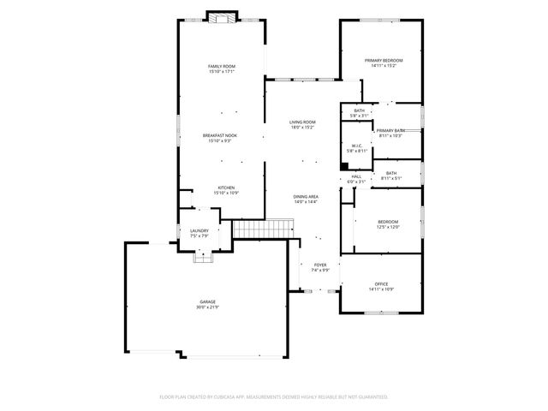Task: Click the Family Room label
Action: [x=221, y=66]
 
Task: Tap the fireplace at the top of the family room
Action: [x=222, y=17]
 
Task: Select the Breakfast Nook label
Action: [x=220, y=134]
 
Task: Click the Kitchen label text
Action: [x=226, y=188]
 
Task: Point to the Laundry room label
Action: [x=199, y=230]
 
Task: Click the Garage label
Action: [x=208, y=301]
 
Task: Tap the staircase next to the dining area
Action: [x=263, y=229]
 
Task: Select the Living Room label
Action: [x=302, y=122]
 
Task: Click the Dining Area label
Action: [x=306, y=196]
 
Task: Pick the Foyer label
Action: [x=320, y=265]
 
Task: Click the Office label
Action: [x=381, y=283]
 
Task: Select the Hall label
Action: [x=356, y=176]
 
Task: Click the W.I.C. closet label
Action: [x=355, y=145]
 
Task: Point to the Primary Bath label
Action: [x=390, y=130]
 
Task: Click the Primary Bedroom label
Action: [x=383, y=60]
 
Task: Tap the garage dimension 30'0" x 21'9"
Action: [x=208, y=307]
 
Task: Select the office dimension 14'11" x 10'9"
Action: [x=381, y=289]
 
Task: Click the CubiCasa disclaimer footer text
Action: [x=274, y=396]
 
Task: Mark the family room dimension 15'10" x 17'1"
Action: [x=221, y=71]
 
